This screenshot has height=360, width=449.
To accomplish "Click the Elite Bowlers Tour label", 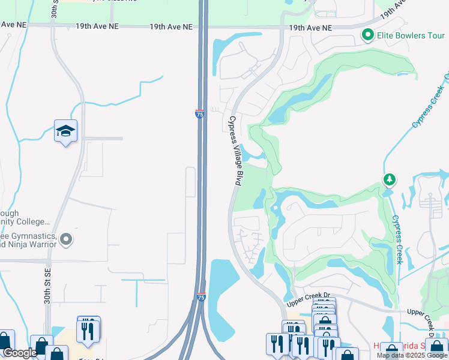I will click(411, 35).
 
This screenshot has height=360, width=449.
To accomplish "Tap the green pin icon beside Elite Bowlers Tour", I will click(368, 35).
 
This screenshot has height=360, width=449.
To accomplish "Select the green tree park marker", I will click(390, 179).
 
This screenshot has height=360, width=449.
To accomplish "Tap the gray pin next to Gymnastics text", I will click(67, 240).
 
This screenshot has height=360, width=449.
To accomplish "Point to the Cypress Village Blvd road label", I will click(234, 150).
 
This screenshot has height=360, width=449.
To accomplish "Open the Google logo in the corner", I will click(20, 353).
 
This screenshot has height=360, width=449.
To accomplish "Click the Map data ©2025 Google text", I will click(412, 355).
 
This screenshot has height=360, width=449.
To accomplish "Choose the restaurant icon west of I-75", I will click(88, 331).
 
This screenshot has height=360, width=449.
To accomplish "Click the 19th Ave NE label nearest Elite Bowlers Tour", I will click(310, 28).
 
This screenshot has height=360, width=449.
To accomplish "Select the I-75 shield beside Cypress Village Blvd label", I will click(200, 113).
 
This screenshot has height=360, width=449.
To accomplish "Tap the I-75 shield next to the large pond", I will click(201, 297).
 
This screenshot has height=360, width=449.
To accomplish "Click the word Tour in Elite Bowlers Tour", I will click(435, 35).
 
